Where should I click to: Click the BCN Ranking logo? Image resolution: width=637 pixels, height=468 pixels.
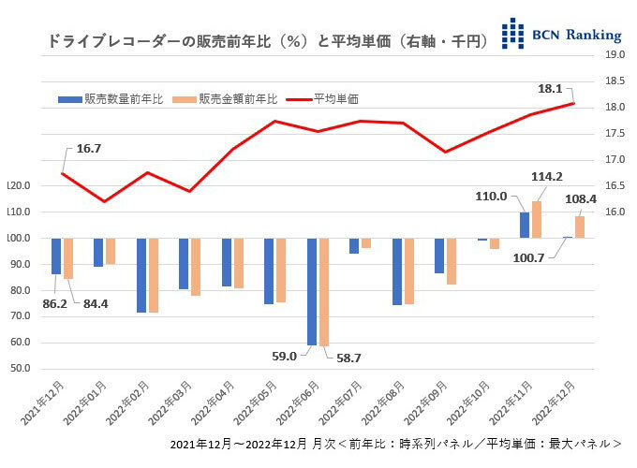click(560, 34)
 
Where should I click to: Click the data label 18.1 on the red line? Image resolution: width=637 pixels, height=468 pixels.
click(550, 88)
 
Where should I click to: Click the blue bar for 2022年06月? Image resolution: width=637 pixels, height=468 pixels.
click(312, 291)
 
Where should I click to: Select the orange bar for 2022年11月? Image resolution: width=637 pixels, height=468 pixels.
click(537, 219)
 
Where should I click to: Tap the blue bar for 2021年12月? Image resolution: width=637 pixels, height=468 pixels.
click(56, 256)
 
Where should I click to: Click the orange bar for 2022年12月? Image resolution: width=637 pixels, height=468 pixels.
click(580, 227)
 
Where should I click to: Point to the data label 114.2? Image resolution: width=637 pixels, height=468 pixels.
click(545, 177)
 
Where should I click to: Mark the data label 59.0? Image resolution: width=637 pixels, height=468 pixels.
click(285, 356)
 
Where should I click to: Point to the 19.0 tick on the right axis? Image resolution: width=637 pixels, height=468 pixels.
click(615, 55)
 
